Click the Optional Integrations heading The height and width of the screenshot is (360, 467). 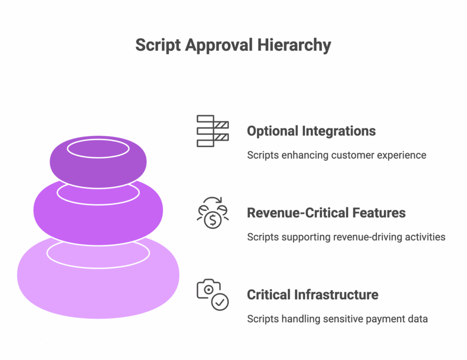pos(311,131)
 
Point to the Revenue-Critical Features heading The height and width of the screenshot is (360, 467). pos(326,213)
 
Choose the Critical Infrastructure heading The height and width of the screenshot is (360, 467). pos(312,294)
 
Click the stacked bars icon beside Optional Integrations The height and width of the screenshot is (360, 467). pos(213,131)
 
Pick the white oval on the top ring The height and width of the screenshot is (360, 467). pos(98,148)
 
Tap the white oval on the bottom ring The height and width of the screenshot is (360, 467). pos(98,254)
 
